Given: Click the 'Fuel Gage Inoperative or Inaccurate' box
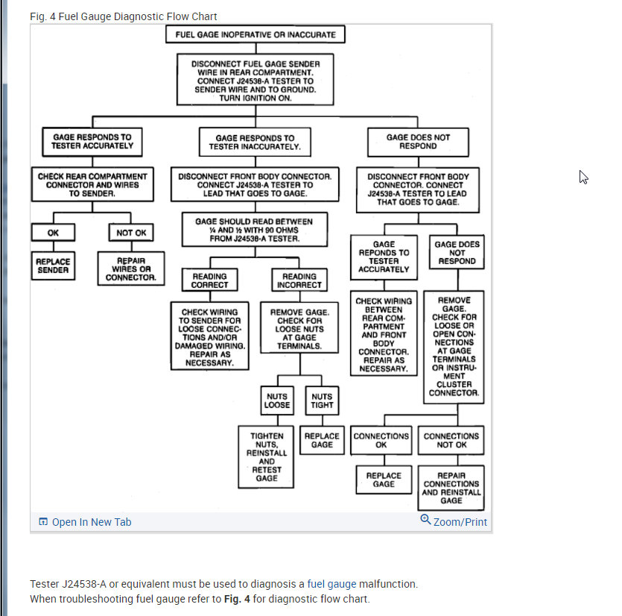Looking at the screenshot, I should pos(256,34).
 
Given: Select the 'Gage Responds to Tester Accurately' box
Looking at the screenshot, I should pos(92,142).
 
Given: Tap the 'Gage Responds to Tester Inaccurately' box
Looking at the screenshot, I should pos(255,142).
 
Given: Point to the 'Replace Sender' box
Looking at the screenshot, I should pos(53,265).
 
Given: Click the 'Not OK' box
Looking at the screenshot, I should pos(132,233).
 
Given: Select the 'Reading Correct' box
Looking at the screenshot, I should pos(210,280).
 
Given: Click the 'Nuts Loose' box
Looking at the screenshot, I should pos(276,401).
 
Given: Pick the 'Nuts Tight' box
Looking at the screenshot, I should pos(322,401).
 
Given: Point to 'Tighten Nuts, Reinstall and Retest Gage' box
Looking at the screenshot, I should pos(267,457).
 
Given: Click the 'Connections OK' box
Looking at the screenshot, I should pos(381,440).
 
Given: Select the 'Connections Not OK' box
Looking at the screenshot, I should pos(451,440).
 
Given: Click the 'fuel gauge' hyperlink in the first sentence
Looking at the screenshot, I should pos(332,584).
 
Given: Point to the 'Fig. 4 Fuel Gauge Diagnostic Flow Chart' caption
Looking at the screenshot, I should pos(124,16).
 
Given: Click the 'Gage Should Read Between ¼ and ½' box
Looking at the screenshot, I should pos(254,230).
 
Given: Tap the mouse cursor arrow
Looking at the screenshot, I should pos(583,177).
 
